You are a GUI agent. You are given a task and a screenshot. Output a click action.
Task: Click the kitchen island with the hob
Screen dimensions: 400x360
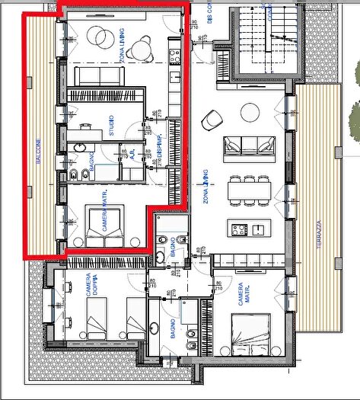pyautogui.click(x=247, y=228)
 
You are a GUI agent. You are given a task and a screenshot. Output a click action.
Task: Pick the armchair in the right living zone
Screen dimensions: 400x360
pyautogui.click(x=209, y=119)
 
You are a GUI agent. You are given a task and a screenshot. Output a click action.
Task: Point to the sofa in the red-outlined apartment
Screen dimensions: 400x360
pyautogui.click(x=100, y=75)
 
